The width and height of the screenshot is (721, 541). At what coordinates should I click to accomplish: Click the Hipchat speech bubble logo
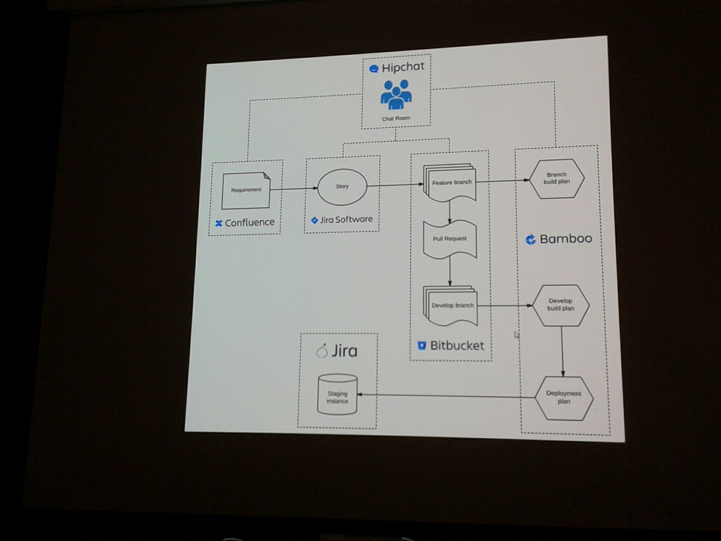pyautogui.click(x=374, y=69)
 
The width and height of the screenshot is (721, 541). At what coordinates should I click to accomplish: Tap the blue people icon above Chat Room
pyautogui.click(x=396, y=94)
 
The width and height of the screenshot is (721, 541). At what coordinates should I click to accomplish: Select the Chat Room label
pyautogui.click(x=396, y=118)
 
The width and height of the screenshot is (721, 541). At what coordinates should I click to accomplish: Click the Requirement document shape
pyautogui.click(x=246, y=190)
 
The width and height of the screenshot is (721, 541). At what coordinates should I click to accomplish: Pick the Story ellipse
pyautogui.click(x=342, y=187)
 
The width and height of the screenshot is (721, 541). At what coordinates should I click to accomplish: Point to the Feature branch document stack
pyautogui.click(x=450, y=183)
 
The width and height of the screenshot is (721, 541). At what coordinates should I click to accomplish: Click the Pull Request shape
pyautogui.click(x=450, y=239)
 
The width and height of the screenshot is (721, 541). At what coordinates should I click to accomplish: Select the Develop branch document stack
pyautogui.click(x=451, y=305)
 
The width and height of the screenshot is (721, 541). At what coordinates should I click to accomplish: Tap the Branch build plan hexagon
pyautogui.click(x=556, y=178)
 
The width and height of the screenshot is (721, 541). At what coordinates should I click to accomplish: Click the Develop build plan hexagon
pyautogui.click(x=560, y=305)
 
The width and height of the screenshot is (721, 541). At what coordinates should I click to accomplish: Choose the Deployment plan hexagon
pyautogui.click(x=564, y=398)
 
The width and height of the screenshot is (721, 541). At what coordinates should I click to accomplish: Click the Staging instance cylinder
pyautogui.click(x=337, y=395)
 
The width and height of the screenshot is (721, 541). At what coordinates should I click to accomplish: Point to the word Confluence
pyautogui.click(x=250, y=223)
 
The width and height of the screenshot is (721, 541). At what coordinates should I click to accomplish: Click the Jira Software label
pyautogui.click(x=346, y=220)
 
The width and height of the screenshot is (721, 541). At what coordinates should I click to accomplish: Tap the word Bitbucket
pyautogui.click(x=457, y=346)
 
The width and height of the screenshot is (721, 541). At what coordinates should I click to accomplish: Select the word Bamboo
pyautogui.click(x=566, y=239)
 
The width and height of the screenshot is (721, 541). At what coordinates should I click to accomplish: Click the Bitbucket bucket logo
pyautogui.click(x=421, y=346)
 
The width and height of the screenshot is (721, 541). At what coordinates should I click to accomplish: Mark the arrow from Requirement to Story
pyautogui.click(x=294, y=189)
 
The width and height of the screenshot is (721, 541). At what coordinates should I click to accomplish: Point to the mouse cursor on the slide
pyautogui.click(x=516, y=335)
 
